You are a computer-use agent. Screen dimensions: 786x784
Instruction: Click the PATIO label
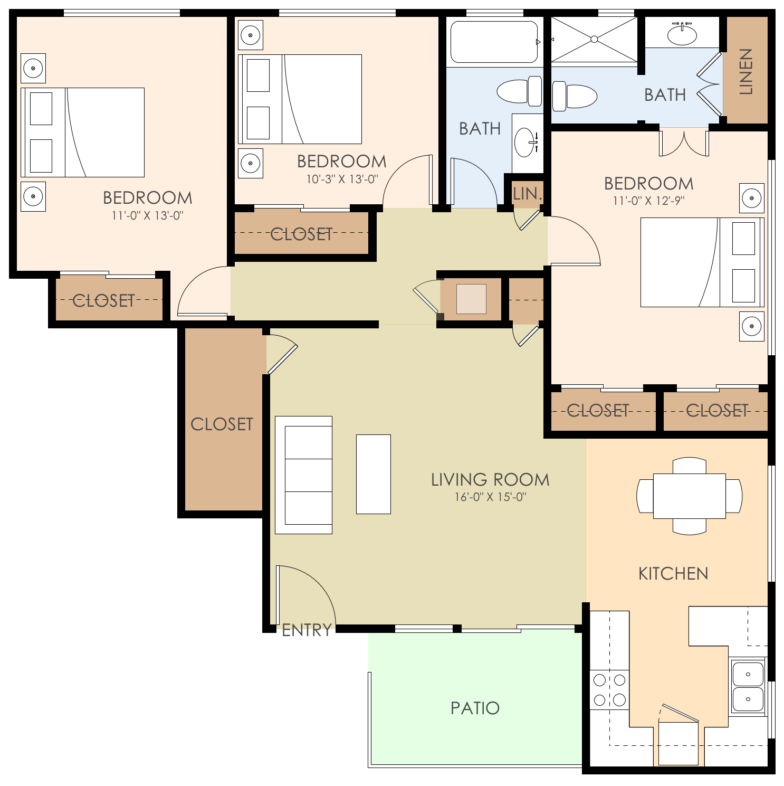pyautogui.click(x=475, y=708)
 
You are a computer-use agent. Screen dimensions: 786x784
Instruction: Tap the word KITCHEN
pyautogui.click(x=673, y=574)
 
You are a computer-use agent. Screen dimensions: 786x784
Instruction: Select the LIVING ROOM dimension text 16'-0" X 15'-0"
pyautogui.click(x=490, y=497)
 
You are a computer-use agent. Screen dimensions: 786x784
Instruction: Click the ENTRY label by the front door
pyautogui.click(x=307, y=630)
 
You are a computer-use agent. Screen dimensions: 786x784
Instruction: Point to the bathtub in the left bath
pyautogui.click(x=494, y=42)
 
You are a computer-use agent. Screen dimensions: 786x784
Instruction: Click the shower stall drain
pyautogui.click(x=594, y=39)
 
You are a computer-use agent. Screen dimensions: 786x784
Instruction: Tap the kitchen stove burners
pyautogui.click(x=609, y=690)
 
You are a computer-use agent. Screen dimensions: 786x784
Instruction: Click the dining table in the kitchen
pyautogui.click(x=689, y=496)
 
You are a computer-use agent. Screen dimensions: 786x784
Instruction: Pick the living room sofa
pyautogui.click(x=304, y=475)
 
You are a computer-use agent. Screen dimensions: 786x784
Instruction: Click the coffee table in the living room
pyautogui.click(x=374, y=474)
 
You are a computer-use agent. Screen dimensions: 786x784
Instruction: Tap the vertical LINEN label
pyautogui.click(x=745, y=71)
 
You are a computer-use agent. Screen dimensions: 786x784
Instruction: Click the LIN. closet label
pyautogui.click(x=527, y=194)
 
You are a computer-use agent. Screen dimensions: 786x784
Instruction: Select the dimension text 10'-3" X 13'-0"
pyautogui.click(x=342, y=179)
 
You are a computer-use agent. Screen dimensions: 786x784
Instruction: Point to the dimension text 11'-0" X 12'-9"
pyautogui.click(x=648, y=201)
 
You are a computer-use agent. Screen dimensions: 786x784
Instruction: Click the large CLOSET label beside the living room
pyautogui.click(x=222, y=424)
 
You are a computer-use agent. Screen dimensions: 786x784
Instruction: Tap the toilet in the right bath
pyautogui.click(x=575, y=96)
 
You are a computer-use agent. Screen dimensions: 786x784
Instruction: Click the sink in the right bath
pyautogui.click(x=682, y=34)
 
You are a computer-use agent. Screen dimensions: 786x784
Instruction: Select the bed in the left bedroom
pyautogui.click(x=83, y=132)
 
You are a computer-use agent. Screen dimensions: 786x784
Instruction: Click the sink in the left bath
pyautogui.click(x=525, y=143)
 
